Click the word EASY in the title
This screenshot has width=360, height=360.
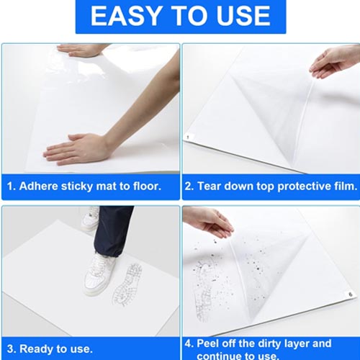tap(126, 16)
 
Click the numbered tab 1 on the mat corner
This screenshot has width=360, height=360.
tap(188, 138)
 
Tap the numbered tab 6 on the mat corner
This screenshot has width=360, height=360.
tap(350, 294)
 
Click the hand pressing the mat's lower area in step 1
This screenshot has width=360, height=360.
tap(77, 149)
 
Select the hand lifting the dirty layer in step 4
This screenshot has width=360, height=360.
tap(208, 222)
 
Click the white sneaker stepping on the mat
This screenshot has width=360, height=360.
tap(99, 274)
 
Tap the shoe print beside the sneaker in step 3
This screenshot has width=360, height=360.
tap(127, 284)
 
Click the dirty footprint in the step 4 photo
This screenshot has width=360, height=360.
tap(203, 290)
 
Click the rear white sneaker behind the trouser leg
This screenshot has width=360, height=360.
tap(90, 218)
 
